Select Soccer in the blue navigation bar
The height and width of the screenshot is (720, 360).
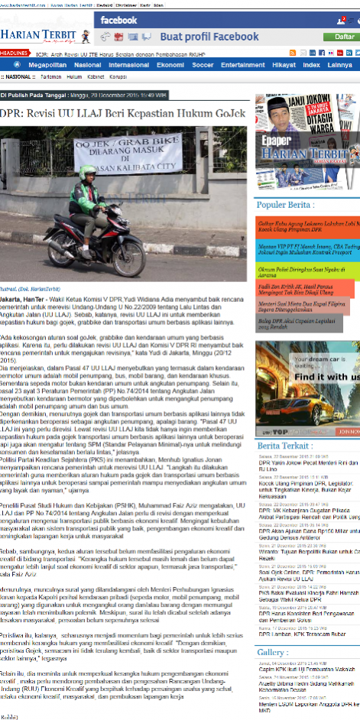203,65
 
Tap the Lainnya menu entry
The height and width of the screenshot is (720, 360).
340,65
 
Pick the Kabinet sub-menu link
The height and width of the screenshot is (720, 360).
96,77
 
